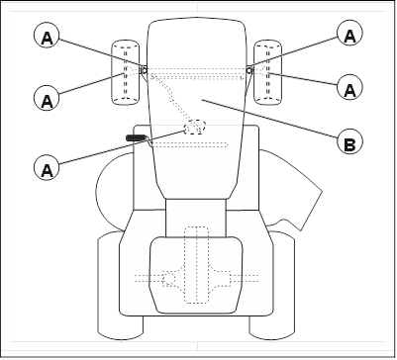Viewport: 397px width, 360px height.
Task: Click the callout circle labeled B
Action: tap(347, 143)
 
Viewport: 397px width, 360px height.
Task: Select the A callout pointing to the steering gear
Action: tap(45, 168)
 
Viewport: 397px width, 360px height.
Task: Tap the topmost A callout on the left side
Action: tap(45, 38)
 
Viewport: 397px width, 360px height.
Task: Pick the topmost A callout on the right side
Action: tap(347, 34)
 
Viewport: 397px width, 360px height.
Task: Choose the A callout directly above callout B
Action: tap(347, 88)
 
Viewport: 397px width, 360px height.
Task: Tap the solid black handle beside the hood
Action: tap(136, 137)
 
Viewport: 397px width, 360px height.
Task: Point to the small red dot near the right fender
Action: tap(292, 222)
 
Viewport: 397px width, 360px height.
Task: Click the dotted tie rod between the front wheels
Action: tap(196, 71)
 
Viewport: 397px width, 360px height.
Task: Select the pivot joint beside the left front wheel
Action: tap(143, 69)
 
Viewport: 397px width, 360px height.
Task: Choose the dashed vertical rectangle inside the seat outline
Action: tap(197, 262)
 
